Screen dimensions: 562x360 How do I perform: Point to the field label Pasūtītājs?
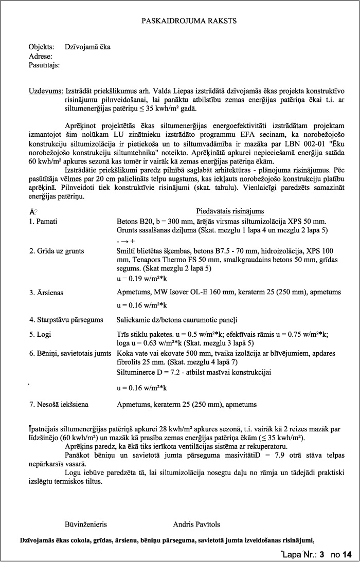(x=45, y=65)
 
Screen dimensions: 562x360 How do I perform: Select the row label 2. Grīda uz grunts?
(x=57, y=251)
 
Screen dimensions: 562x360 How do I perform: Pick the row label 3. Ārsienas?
(x=47, y=292)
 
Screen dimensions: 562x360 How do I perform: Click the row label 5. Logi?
(x=41, y=334)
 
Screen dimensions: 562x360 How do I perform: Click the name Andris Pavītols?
(x=196, y=524)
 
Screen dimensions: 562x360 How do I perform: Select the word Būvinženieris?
(x=85, y=524)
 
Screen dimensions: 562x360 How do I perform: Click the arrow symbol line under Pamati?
(x=125, y=241)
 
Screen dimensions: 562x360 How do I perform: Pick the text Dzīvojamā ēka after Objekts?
(x=88, y=47)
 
